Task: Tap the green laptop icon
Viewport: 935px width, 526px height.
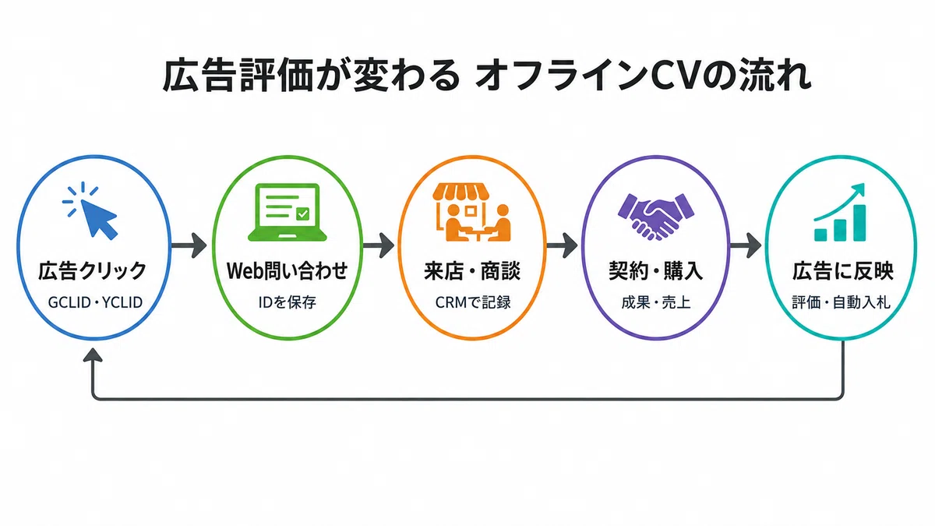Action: point(288,212)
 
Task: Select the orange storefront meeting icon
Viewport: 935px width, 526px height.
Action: point(471,212)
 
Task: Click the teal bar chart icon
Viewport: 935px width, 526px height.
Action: point(840,212)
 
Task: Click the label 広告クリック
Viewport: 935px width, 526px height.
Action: point(92,271)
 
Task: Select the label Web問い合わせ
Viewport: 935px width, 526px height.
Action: point(288,271)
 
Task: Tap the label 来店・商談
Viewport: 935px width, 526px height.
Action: point(472,271)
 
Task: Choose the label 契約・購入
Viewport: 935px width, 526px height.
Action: point(656,271)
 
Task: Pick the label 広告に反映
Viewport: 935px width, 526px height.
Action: point(843,271)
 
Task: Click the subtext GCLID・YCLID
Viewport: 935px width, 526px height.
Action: point(95,302)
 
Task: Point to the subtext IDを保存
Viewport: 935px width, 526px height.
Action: point(288,302)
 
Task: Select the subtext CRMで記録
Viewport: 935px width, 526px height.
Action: point(473,302)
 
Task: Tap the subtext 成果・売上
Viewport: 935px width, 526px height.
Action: point(656,302)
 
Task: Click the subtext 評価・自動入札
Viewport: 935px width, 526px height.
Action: point(841,302)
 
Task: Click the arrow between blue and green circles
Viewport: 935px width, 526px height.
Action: point(189,245)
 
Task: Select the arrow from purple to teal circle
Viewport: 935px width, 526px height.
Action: point(746,245)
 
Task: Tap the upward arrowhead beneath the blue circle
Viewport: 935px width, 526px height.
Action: point(93,355)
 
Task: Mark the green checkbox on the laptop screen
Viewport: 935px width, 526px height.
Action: point(302,214)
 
